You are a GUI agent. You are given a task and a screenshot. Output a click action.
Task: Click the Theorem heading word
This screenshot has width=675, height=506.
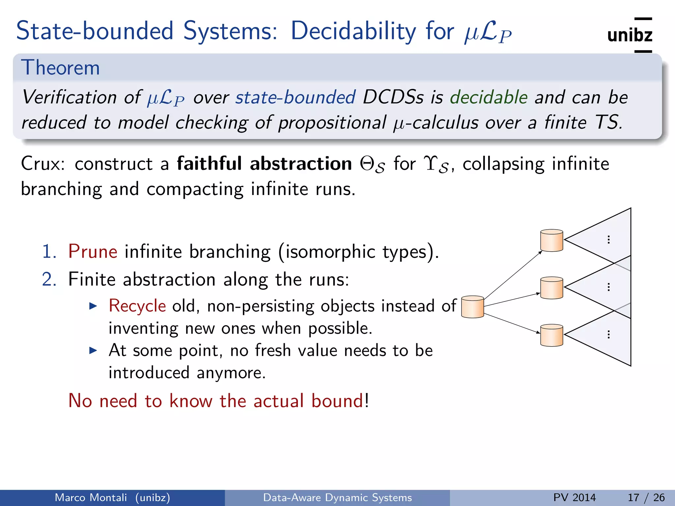point(60,68)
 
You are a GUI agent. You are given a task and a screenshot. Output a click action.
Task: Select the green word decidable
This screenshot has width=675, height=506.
point(489,97)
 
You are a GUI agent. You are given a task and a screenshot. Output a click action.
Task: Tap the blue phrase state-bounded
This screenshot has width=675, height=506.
point(295,97)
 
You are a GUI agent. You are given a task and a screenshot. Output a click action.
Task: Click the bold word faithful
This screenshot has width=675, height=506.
point(209,164)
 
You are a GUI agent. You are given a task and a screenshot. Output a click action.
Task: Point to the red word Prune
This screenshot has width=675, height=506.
point(93,252)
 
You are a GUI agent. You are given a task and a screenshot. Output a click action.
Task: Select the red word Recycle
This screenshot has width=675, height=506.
point(137,306)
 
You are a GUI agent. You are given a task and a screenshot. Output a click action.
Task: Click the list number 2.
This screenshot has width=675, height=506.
point(49,279)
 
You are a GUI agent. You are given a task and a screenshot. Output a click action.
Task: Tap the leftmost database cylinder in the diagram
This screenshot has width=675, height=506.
point(472,307)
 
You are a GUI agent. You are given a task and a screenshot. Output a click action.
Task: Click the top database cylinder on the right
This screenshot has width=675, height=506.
point(551,240)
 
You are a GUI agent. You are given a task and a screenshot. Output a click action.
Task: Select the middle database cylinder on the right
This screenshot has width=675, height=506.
point(551,288)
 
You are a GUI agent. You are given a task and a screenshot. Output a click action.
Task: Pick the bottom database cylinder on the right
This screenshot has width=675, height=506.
point(551,335)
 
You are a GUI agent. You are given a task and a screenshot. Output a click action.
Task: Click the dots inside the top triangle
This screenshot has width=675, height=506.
point(608,239)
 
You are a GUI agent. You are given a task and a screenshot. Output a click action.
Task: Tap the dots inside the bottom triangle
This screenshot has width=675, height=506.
point(608,335)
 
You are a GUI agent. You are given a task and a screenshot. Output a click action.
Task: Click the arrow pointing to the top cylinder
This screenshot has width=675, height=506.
point(513,275)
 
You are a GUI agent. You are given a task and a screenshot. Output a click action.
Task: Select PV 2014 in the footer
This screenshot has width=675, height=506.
point(574,497)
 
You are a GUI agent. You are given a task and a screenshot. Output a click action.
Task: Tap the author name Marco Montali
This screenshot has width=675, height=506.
point(91,497)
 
